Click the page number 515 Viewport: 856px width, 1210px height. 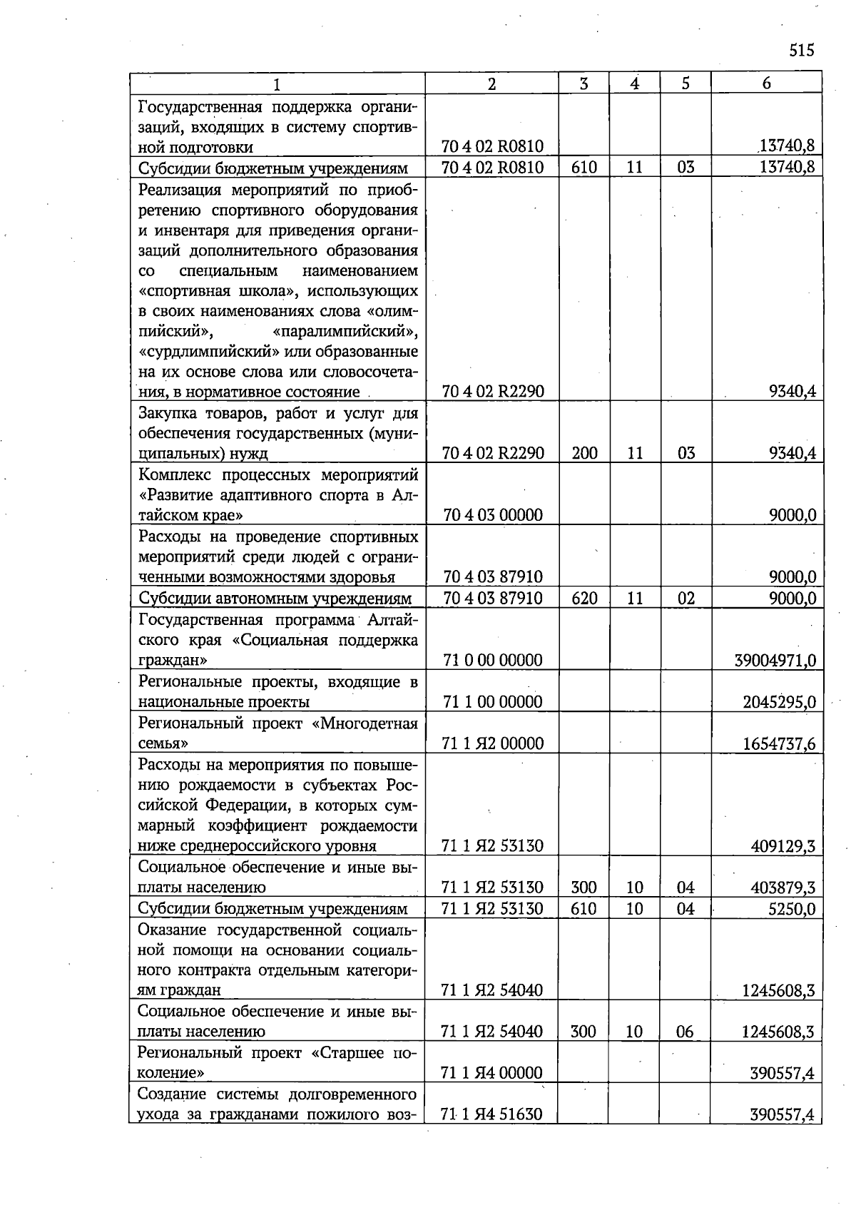tap(802, 51)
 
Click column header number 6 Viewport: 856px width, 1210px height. tap(766, 83)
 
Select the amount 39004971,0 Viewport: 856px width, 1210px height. tap(775, 661)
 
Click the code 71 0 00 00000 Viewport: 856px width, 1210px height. tap(493, 661)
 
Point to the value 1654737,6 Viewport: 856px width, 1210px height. tap(779, 744)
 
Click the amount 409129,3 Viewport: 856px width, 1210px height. tap(783, 847)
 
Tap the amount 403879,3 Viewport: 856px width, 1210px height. tap(783, 888)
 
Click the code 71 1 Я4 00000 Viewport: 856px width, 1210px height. tap(492, 1073)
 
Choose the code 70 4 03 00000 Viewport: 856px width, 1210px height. tap(493, 515)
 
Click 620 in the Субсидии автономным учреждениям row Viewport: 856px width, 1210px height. tap(584, 599)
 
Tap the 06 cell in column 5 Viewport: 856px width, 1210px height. tap(685, 1032)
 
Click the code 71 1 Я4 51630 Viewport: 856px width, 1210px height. tap(492, 1114)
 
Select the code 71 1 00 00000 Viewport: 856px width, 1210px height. tap(493, 702)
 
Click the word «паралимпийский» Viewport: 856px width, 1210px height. tap(345, 332)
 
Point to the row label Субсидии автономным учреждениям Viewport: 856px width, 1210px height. tap(275, 599)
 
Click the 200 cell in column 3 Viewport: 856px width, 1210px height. tap(584, 454)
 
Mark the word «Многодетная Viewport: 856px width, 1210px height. tap(365, 724)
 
